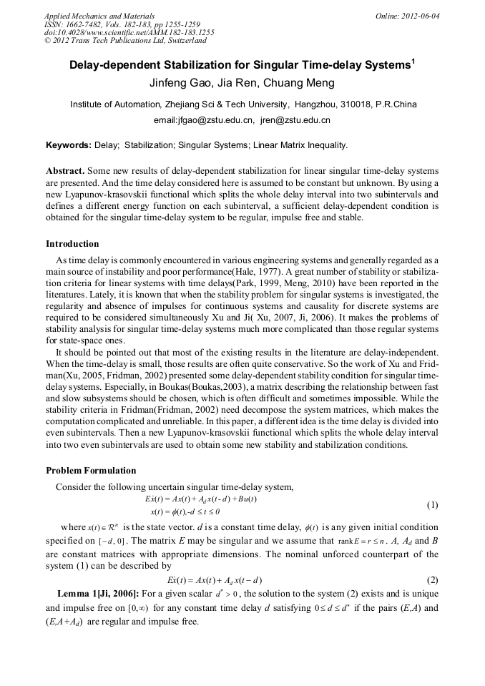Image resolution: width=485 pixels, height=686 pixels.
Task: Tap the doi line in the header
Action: [129, 32]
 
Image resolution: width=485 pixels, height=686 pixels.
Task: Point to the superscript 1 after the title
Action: [413, 60]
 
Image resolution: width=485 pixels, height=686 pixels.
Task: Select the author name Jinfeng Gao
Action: [179, 83]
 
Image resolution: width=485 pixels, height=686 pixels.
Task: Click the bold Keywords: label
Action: [69, 145]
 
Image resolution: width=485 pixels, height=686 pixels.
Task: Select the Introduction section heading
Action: [72, 244]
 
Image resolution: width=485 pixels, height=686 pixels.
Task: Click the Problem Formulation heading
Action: [91, 470]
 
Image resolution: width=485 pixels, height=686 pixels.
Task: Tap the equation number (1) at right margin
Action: [432, 505]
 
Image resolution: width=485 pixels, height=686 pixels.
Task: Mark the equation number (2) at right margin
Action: [432, 579]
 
